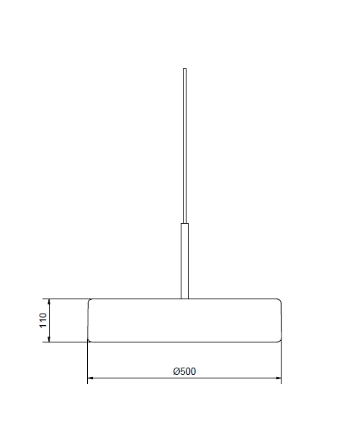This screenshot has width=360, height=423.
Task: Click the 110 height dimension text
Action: [x=43, y=320]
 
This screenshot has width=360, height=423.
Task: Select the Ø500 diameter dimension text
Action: [x=184, y=371]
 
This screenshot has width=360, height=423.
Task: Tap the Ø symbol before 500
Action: [x=176, y=371]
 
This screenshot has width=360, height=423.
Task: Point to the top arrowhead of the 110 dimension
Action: [x=49, y=301]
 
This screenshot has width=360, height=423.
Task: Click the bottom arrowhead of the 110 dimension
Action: [x=49, y=339]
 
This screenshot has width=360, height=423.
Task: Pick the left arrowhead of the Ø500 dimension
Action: [x=91, y=378]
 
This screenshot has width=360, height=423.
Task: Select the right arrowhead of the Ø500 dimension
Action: [x=277, y=378]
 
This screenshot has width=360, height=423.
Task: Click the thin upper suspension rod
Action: [x=185, y=144]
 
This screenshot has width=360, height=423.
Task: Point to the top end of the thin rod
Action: [x=185, y=69]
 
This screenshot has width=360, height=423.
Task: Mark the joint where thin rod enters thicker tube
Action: [x=185, y=224]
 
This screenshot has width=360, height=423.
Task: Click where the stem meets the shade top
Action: [x=184, y=299]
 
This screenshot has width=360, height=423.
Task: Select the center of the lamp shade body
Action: [x=184, y=320]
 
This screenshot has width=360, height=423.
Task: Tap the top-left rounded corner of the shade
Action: [x=89, y=301]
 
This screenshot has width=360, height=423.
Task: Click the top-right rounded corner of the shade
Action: [x=279, y=301]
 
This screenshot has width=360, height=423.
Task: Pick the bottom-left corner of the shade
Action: [x=89, y=340]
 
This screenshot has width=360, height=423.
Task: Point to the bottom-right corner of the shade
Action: [x=279, y=340]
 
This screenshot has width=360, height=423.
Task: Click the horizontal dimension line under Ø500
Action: [x=144, y=378]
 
